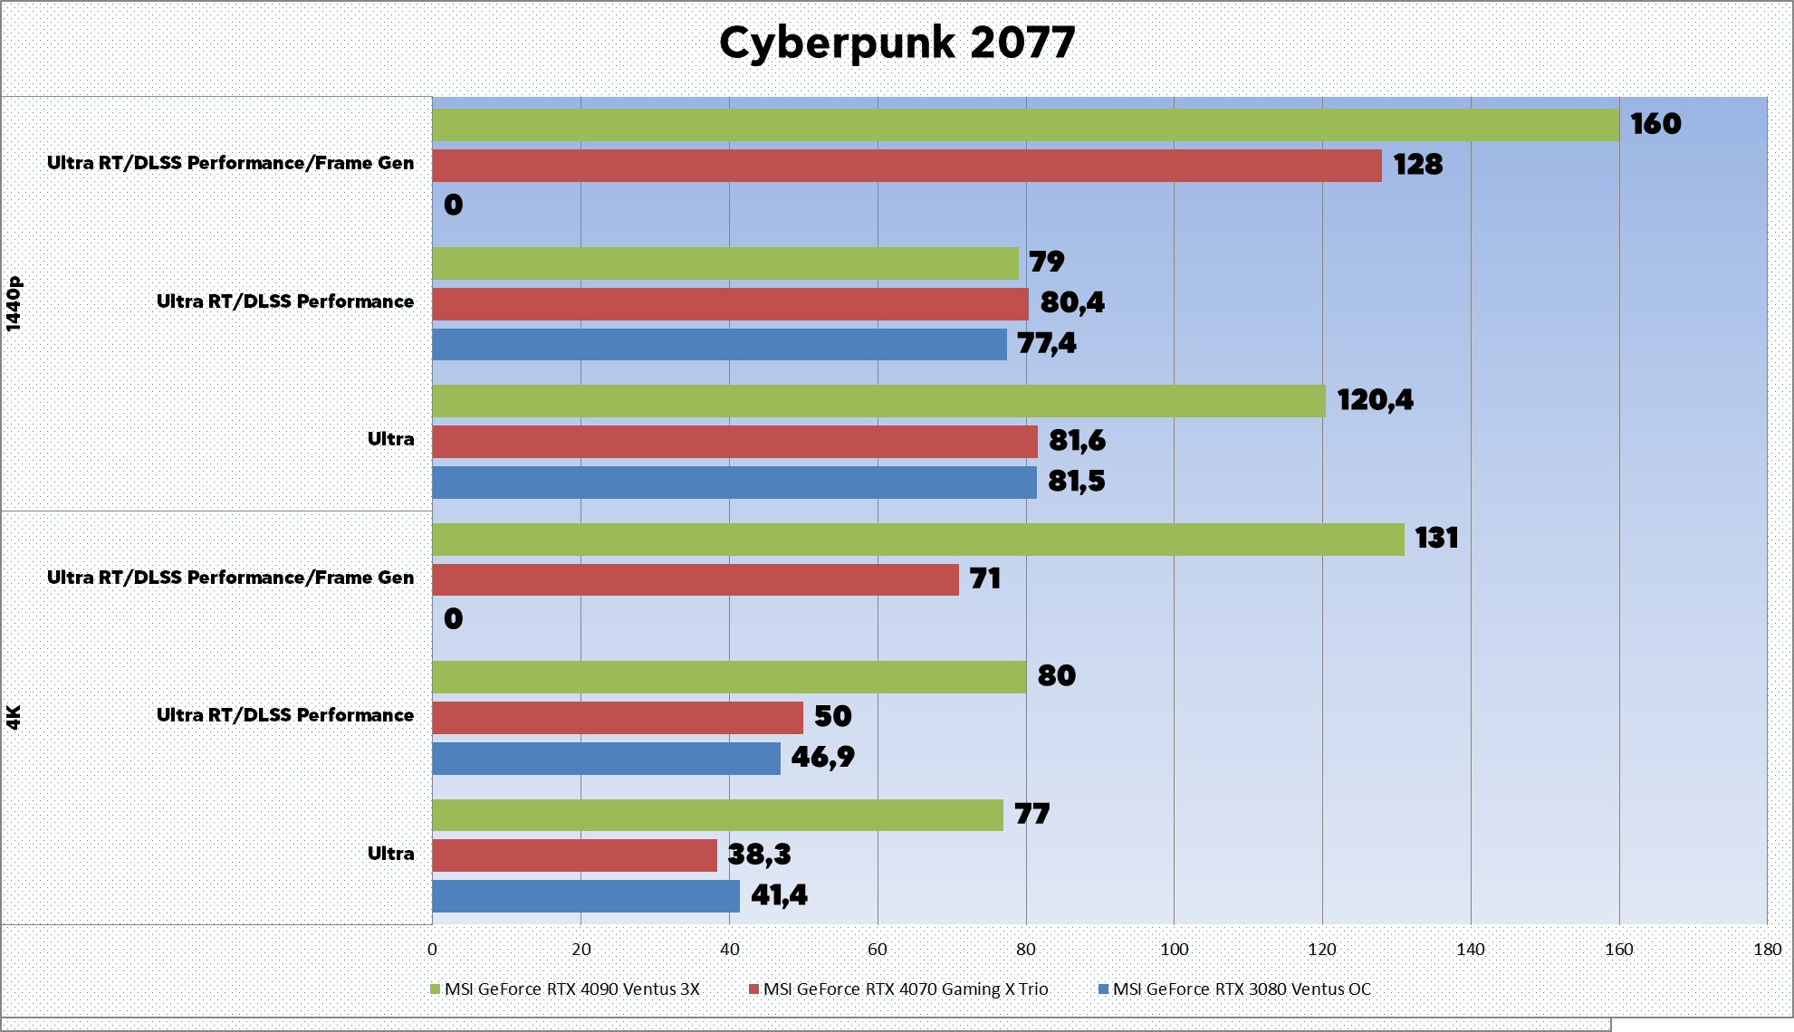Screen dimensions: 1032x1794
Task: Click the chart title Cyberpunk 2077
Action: pyautogui.click(x=897, y=43)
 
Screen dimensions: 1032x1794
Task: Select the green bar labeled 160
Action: pyautogui.click(x=1025, y=125)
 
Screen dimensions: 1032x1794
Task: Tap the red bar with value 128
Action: pyautogui.click(x=907, y=166)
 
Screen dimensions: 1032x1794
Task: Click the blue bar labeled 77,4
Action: pyautogui.click(x=719, y=344)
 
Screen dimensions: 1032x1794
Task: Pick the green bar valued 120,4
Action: pyautogui.click(x=878, y=401)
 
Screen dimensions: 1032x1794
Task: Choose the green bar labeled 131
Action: pyautogui.click(x=917, y=540)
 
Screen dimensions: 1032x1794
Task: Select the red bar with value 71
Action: pyautogui.click(x=695, y=579)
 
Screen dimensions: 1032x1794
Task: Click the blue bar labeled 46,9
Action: pyautogui.click(x=606, y=759)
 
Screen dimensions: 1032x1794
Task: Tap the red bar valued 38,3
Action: pyautogui.click(x=574, y=855)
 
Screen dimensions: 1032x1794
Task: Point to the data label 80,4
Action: pyautogui.click(x=1072, y=302)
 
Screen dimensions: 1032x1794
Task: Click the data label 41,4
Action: pyautogui.click(x=779, y=895)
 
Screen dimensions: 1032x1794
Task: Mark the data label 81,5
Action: pyautogui.click(x=1076, y=481)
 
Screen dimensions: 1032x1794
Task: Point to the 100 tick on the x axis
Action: pyautogui.click(x=1174, y=949)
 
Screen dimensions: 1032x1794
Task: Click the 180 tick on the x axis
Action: pyautogui.click(x=1767, y=949)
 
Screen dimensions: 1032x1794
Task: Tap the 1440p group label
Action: pyautogui.click(x=14, y=303)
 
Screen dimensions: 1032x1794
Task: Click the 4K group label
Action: pyautogui.click(x=14, y=717)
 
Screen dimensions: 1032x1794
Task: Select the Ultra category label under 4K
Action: pyautogui.click(x=390, y=854)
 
